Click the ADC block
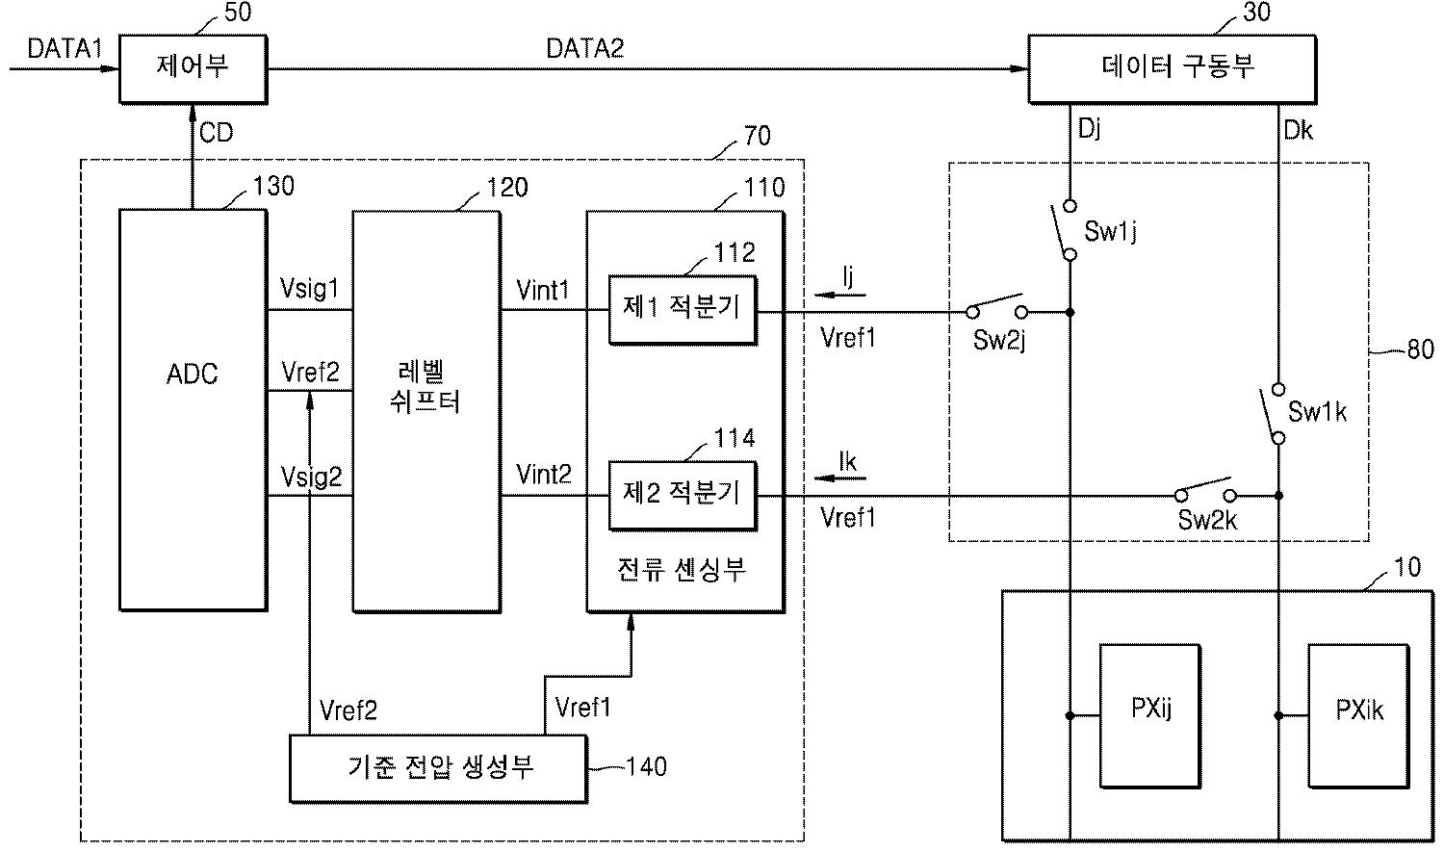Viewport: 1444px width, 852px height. (193, 409)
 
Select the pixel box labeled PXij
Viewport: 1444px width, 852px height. (1150, 716)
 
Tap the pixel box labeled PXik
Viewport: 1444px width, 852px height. (1358, 716)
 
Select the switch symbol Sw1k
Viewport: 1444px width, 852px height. (1273, 414)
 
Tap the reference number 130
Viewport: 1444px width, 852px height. (273, 186)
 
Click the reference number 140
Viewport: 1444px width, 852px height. (646, 766)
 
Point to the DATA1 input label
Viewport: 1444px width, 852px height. (64, 48)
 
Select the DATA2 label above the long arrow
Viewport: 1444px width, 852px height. (584, 48)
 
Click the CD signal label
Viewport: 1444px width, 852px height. (216, 133)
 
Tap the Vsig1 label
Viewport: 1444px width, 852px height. (309, 288)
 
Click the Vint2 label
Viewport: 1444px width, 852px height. (544, 475)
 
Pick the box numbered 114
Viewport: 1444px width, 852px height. (683, 496)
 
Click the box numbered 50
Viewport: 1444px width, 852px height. (193, 69)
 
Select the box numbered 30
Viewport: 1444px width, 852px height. (1172, 69)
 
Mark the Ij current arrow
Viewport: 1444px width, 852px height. (839, 295)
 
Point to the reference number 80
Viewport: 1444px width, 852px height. (1421, 349)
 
